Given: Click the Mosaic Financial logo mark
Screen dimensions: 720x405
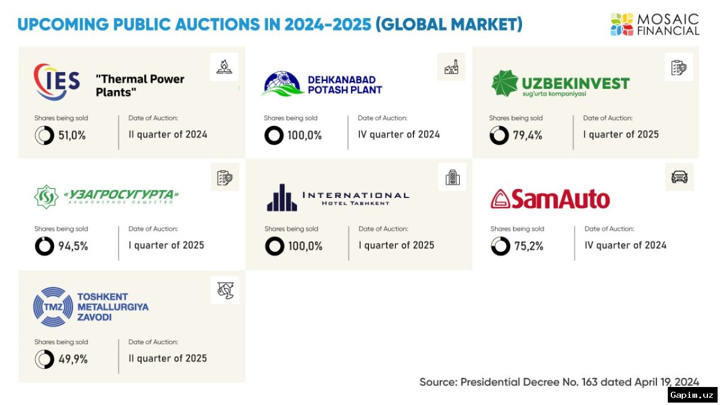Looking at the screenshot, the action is (622, 25).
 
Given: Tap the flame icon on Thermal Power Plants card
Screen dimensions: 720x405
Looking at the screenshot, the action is (224, 67).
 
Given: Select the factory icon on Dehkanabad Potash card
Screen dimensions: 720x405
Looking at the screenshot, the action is (451, 67).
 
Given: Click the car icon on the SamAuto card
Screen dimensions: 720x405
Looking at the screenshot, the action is (679, 177).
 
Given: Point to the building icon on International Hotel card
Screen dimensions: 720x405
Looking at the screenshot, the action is (452, 177).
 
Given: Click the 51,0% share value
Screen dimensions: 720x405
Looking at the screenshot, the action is (72, 136).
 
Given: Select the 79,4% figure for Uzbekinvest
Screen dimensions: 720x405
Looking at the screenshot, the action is (527, 136).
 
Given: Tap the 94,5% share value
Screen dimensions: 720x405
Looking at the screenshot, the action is (73, 246).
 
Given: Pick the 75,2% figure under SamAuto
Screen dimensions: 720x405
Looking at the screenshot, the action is (529, 246).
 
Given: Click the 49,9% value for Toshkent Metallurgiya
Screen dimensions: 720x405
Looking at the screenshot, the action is (73, 359).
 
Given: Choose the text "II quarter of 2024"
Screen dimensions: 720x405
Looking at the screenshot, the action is (168, 134).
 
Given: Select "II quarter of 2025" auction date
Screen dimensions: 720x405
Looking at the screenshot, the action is (168, 358).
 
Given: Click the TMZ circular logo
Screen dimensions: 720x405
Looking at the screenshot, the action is (53, 307).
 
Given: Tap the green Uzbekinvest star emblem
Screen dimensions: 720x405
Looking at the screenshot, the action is (505, 83).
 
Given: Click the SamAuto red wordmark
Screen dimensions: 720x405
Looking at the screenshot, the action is (550, 199).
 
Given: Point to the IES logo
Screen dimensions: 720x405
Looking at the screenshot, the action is (56, 82).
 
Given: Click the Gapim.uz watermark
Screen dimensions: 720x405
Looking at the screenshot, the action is (692, 395).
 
